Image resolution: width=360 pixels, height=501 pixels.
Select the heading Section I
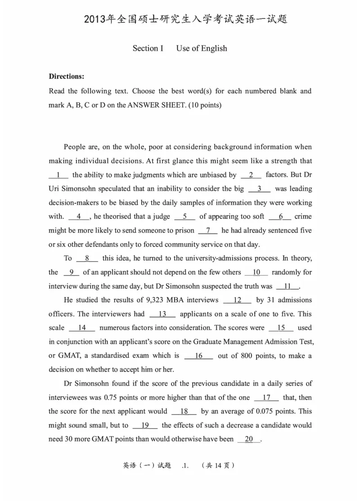tap(148, 48)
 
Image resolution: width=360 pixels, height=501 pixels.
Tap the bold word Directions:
tap(67, 76)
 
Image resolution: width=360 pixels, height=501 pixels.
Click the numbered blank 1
tap(58, 175)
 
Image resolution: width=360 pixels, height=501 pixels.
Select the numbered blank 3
tap(259, 189)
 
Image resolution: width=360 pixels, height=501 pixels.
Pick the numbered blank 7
tap(208, 230)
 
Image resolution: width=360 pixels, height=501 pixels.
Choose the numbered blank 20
tap(249, 439)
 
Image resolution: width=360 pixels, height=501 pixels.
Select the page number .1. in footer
tap(185, 466)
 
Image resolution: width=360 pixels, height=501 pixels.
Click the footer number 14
tap(219, 466)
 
